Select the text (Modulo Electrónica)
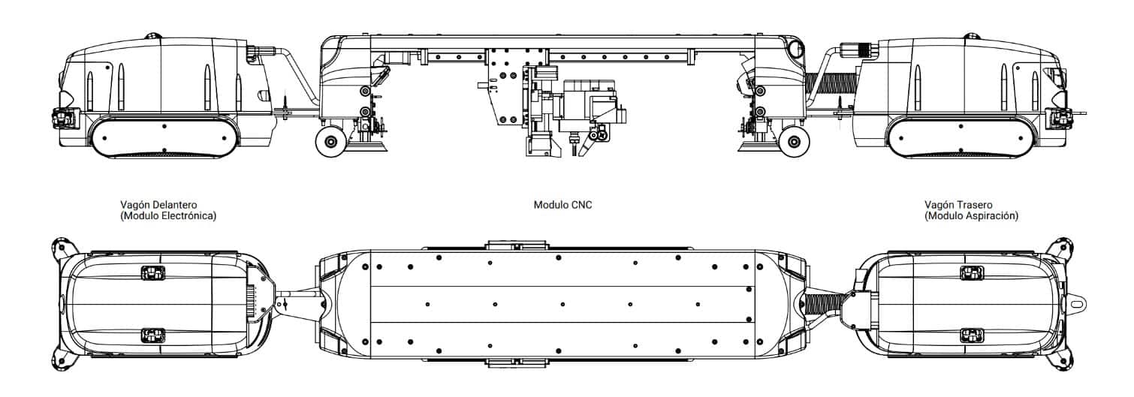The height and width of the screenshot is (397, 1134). pos(168,216)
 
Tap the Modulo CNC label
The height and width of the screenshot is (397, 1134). pos(562,204)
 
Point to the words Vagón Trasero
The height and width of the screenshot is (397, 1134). pos(959,204)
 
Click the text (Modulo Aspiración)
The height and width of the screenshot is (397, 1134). pos(972,216)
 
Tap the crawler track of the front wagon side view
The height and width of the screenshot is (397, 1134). pos(164,137)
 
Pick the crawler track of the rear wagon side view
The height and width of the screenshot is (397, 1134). pos(960,137)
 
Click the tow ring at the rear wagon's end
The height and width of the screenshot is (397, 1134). pos(1078,305)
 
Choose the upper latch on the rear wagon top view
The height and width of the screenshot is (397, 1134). pos(970,272)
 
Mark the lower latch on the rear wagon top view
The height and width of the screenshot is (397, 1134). pos(970,334)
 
